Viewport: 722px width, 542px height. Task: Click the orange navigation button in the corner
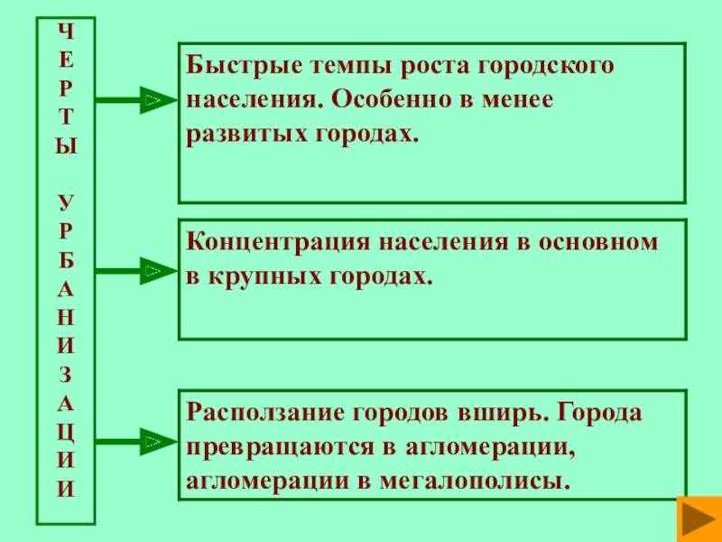click(697, 519)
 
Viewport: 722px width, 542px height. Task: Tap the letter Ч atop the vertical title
click(65, 31)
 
